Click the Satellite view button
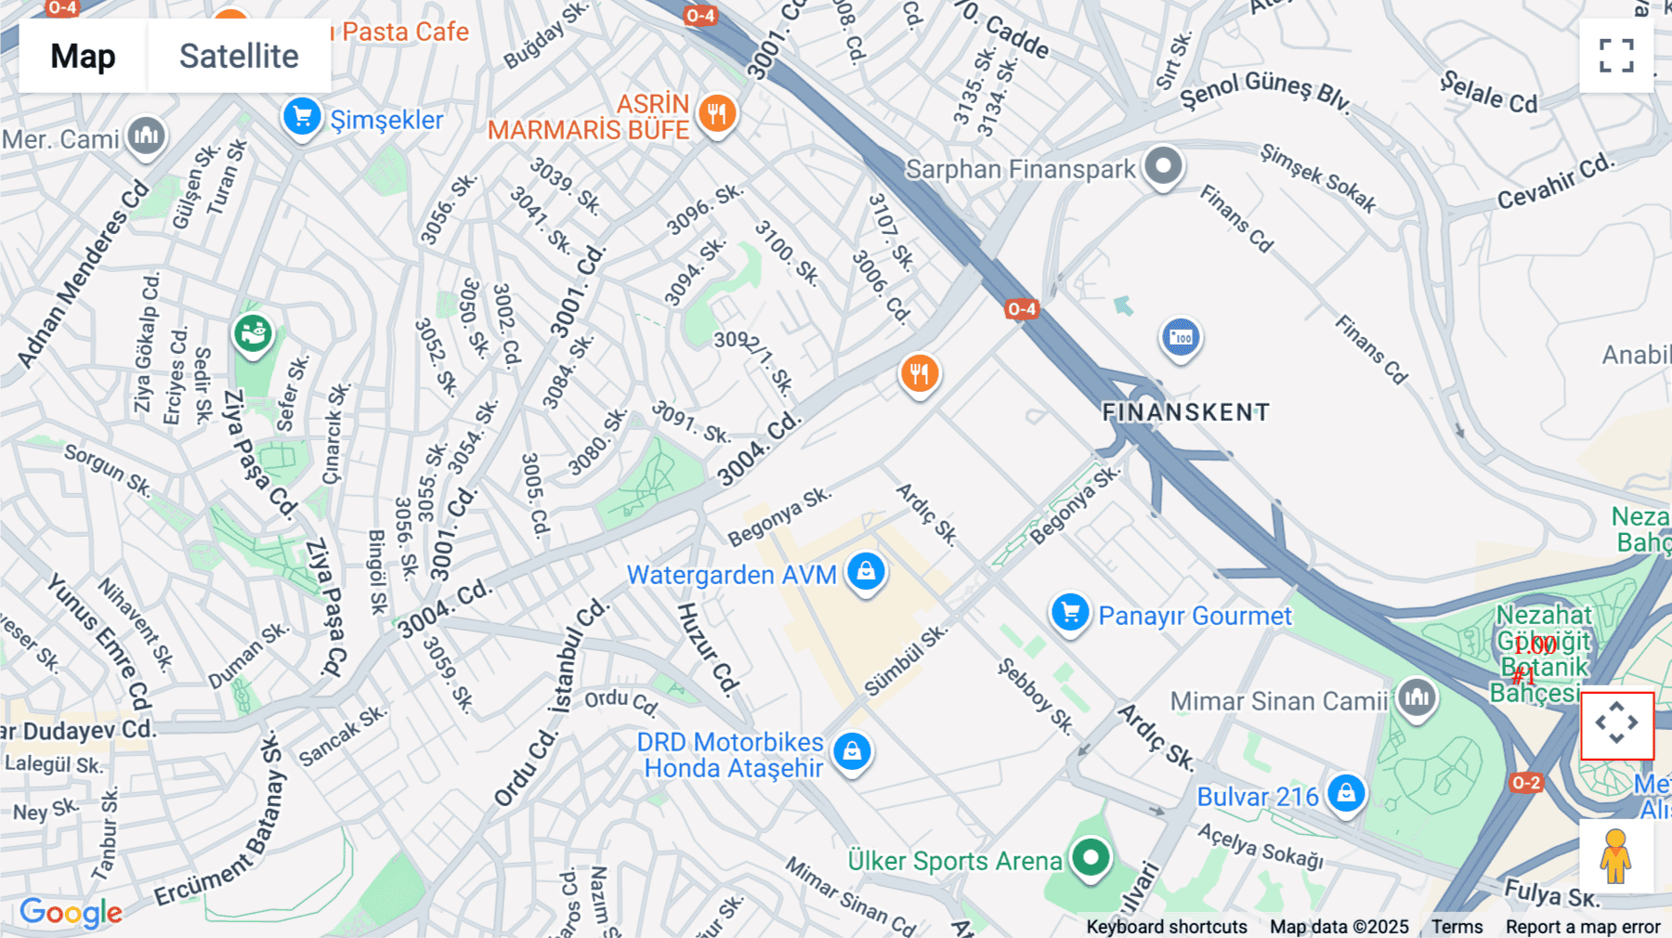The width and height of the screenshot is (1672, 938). tap(239, 56)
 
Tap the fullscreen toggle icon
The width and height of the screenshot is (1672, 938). tap(1616, 56)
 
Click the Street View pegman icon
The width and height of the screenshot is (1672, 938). tap(1615, 856)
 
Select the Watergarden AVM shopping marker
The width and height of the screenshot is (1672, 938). tap(866, 572)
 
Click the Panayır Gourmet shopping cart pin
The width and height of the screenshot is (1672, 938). tap(1070, 613)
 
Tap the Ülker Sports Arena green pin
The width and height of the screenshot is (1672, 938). tap(1091, 857)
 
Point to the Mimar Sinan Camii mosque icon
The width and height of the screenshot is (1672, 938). tap(1417, 697)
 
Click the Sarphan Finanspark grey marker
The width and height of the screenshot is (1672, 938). tap(1163, 167)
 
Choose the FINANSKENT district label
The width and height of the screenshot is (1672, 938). tap(1185, 412)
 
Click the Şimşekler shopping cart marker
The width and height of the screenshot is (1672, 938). tap(302, 118)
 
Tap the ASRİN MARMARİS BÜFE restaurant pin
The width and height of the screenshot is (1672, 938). tap(716, 115)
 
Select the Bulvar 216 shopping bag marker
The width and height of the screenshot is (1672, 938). tap(1346, 794)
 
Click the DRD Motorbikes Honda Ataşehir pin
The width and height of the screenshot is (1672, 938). tap(852, 751)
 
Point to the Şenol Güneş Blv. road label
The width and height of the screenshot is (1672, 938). tap(1264, 91)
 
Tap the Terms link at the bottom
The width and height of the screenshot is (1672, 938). tap(1456, 927)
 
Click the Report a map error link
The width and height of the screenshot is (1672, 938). tap(1583, 927)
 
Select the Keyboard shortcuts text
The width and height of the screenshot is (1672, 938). tap(1167, 927)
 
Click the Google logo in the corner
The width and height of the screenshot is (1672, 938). tap(71, 912)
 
